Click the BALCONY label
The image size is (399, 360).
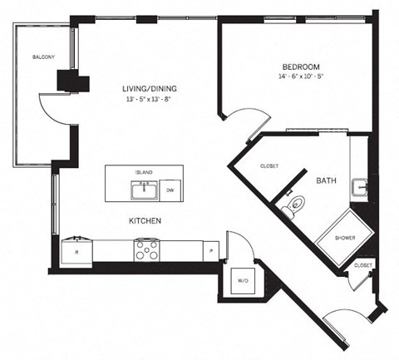pyautogui.click(x=43, y=57)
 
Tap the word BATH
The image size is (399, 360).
pyautogui.click(x=326, y=179)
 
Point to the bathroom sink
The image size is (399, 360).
pyautogui.click(x=359, y=187)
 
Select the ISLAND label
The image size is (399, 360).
pyautogui.click(x=144, y=172)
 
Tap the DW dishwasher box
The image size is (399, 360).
pyautogui.click(x=170, y=191)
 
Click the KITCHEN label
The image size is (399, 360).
pyautogui.click(x=144, y=220)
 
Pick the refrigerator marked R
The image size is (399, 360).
pyautogui.click(x=76, y=249)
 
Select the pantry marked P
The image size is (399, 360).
pyautogui.click(x=211, y=249)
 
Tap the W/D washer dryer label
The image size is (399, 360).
pyautogui.click(x=243, y=281)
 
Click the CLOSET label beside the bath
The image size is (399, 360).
pyautogui.click(x=268, y=165)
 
